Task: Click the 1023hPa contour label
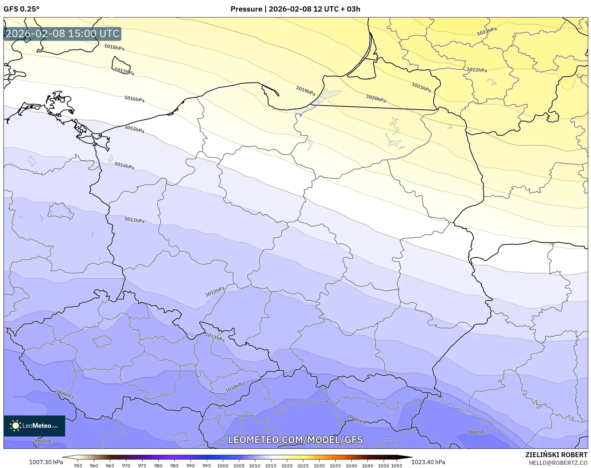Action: click(x=487, y=32)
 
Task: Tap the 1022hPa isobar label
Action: click(x=476, y=70)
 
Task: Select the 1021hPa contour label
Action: click(x=421, y=87)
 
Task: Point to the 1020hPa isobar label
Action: click(x=376, y=98)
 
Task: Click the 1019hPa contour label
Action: click(x=305, y=91)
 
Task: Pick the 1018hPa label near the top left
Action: click(x=114, y=47)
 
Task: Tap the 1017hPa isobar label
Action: click(x=124, y=71)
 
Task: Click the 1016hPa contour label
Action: click(x=134, y=99)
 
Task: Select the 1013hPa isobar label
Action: click(x=134, y=220)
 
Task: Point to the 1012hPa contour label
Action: click(x=215, y=292)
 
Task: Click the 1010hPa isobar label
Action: click(x=235, y=387)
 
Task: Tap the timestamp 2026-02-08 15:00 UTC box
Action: click(x=62, y=34)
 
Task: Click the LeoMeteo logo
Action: click(x=34, y=426)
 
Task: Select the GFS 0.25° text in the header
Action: click(x=22, y=9)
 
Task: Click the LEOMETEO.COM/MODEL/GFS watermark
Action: click(x=295, y=440)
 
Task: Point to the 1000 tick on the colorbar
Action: click(x=222, y=465)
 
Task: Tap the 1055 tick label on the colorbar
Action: click(x=397, y=465)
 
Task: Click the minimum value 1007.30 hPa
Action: click(x=46, y=462)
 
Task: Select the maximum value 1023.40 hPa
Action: click(x=428, y=462)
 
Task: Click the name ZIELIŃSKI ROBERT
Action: click(x=556, y=455)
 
